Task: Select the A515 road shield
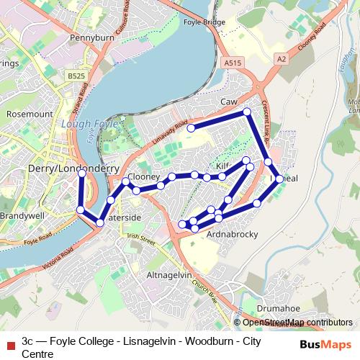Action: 232,63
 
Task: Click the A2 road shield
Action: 281,58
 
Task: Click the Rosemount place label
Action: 30,114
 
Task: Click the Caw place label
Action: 229,102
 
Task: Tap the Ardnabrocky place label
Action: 232,235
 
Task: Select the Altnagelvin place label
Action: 169,275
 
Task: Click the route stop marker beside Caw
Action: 247,112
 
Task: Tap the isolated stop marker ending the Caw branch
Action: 192,128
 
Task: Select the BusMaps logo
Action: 325,344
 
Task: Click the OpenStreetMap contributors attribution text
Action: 297,323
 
